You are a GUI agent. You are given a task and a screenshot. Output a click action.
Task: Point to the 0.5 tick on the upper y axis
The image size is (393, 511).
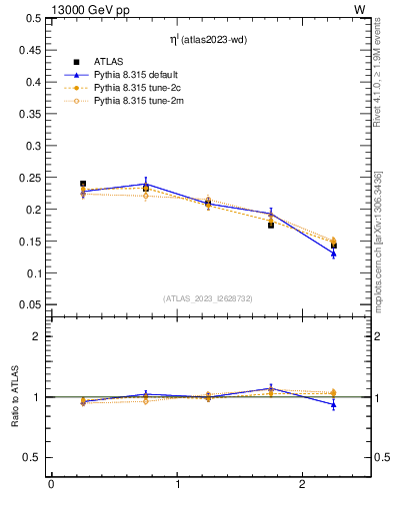[33, 19]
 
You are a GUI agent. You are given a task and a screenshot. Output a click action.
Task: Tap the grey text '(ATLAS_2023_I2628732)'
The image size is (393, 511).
[207, 298]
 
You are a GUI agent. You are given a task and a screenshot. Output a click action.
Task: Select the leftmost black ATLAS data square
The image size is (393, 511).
[83, 185]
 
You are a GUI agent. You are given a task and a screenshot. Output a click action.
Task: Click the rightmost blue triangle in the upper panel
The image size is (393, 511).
[334, 254]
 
